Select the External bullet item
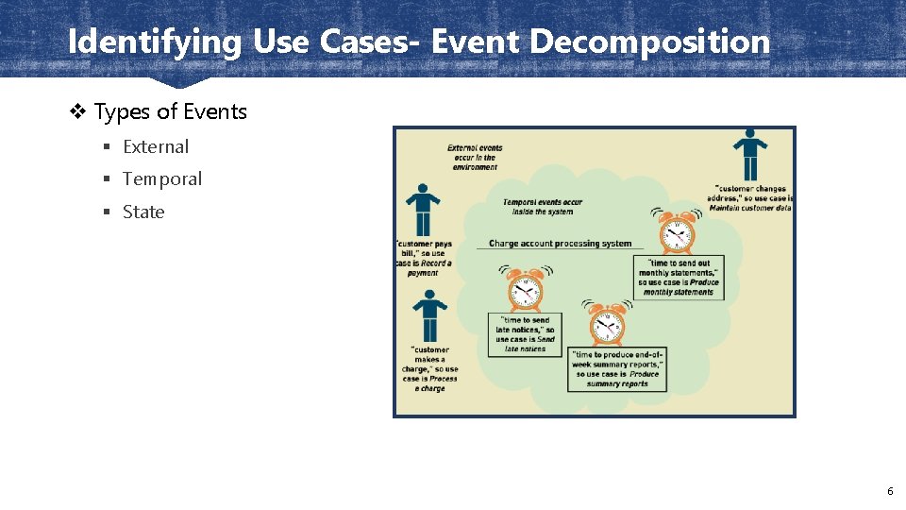[156, 146]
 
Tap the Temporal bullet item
[162, 178]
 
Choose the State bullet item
[143, 212]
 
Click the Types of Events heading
[170, 111]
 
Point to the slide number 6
[889, 491]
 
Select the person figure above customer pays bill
[423, 210]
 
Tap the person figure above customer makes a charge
[429, 316]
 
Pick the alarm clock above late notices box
[525, 289]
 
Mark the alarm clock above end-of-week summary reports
[607, 325]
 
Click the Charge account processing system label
[560, 244]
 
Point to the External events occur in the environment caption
[475, 157]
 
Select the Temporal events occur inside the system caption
[542, 207]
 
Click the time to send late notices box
[526, 334]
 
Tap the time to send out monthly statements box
[679, 278]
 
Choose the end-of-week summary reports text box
[617, 368]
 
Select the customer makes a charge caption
[430, 368]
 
